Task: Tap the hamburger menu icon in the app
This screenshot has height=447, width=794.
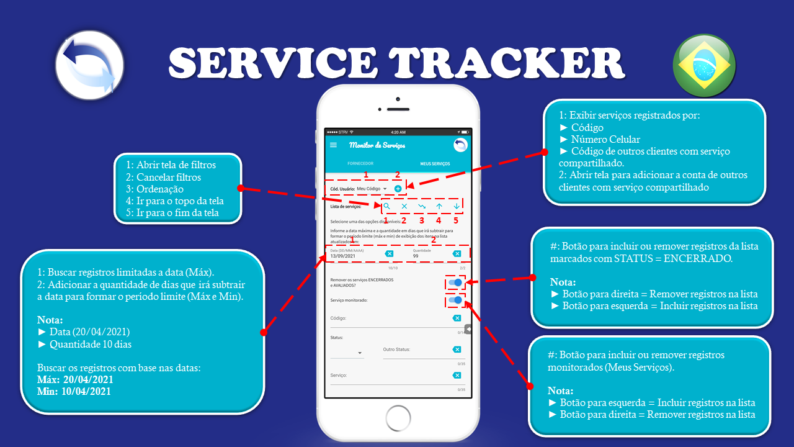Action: tap(334, 145)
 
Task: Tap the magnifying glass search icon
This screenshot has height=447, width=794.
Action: tap(386, 206)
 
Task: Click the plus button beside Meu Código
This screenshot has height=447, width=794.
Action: tap(398, 188)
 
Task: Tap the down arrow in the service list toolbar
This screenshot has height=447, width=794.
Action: tap(457, 206)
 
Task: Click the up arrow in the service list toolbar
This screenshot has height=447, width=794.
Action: tap(439, 206)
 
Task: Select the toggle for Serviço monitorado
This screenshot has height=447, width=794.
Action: tap(456, 300)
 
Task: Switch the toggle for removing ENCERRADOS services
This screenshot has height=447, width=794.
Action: tap(456, 282)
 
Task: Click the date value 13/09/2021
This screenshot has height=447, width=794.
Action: tap(342, 256)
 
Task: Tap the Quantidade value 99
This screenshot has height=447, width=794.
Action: tap(416, 256)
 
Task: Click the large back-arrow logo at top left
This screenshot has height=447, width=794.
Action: tap(89, 65)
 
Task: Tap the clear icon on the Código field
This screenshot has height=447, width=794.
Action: tap(457, 318)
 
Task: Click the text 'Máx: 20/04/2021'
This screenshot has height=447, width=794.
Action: tap(75, 379)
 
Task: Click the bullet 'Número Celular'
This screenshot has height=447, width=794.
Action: tap(605, 139)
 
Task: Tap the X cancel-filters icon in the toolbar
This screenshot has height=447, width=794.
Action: tap(404, 206)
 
